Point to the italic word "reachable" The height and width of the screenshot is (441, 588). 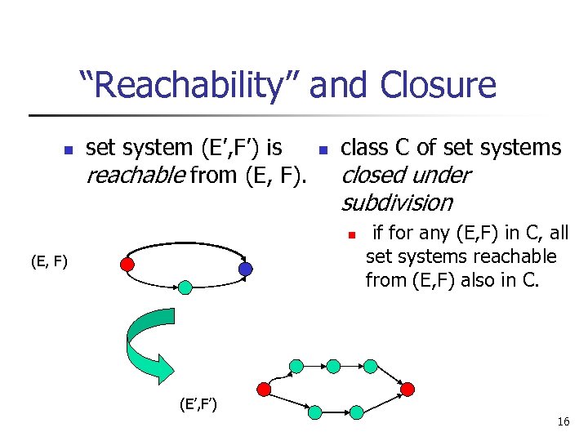(x=135, y=175)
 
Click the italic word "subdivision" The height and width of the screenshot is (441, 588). (x=396, y=202)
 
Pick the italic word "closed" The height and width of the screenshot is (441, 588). (x=376, y=175)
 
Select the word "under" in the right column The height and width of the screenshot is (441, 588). (x=443, y=175)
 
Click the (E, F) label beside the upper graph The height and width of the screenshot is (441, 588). (x=48, y=262)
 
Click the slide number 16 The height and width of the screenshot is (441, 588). (x=563, y=421)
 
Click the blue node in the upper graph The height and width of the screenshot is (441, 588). (x=246, y=269)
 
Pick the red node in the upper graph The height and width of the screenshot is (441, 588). (x=127, y=264)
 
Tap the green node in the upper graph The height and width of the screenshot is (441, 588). (x=185, y=287)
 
